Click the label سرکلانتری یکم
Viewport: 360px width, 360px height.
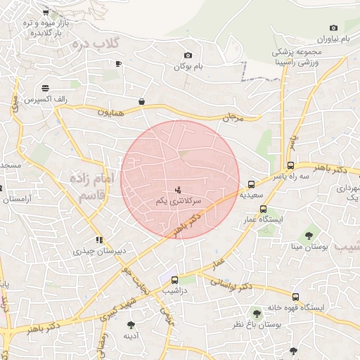pyautogui.click(x=179, y=201)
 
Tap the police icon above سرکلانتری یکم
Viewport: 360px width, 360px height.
pyautogui.click(x=178, y=189)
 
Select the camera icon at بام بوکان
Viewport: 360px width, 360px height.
pyautogui.click(x=188, y=56)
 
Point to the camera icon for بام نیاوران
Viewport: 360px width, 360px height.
pyautogui.click(x=333, y=27)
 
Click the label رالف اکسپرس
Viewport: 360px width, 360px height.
pyautogui.click(x=46, y=100)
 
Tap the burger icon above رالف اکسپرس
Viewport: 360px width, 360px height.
pyautogui.click(x=46, y=88)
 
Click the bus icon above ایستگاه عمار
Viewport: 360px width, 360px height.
pyautogui.click(x=263, y=209)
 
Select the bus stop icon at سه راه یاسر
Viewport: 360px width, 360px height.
pyautogui.click(x=290, y=166)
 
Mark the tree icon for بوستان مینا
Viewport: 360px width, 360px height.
pyautogui.click(x=308, y=234)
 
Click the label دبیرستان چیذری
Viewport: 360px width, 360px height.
pyautogui.click(x=98, y=250)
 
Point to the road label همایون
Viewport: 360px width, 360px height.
pyautogui.click(x=110, y=112)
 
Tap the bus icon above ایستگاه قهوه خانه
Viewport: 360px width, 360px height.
pyautogui.click(x=295, y=297)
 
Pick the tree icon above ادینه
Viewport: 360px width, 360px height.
pyautogui.click(x=131, y=324)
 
